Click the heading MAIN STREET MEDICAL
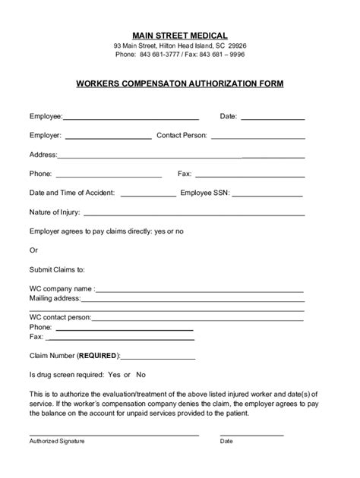(179, 34)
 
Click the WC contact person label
(60, 316)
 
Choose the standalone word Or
(33, 250)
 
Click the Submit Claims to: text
(57, 269)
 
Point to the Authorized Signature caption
(57, 441)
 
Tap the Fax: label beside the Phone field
(185, 174)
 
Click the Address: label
(43, 155)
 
